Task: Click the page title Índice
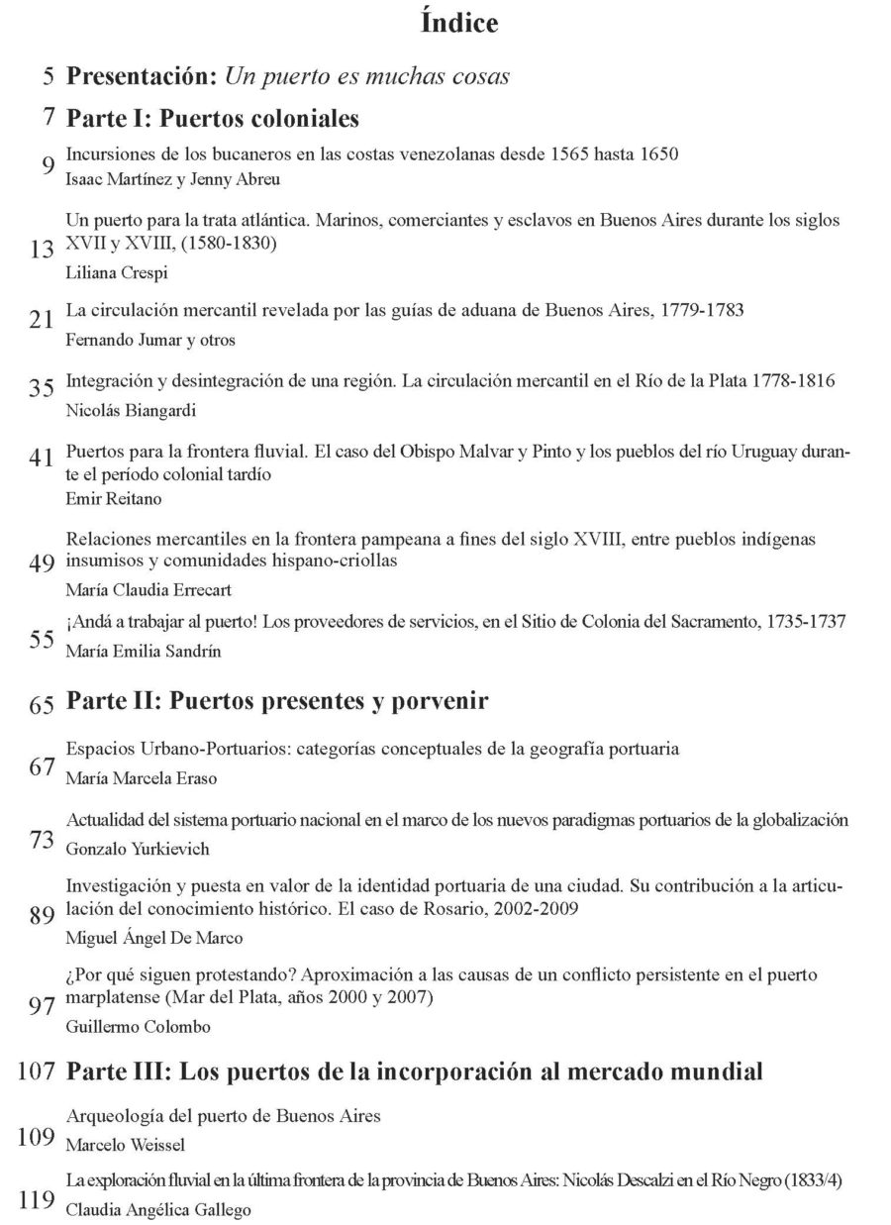459,24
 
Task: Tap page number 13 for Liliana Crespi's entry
42,251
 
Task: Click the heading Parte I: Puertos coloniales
211,119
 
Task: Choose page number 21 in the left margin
42,318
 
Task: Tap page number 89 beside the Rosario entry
42,915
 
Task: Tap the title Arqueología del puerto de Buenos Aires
223,1116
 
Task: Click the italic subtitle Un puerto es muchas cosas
367,75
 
